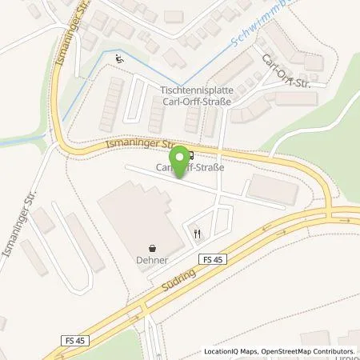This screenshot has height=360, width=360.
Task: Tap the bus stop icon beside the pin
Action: point(190,156)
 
